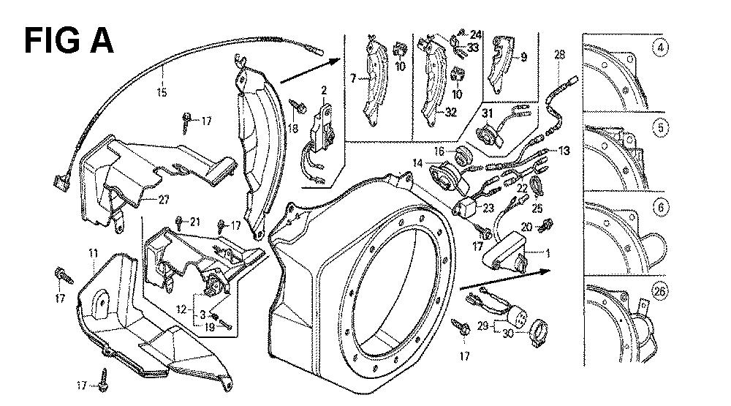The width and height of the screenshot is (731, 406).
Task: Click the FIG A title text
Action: (69, 41)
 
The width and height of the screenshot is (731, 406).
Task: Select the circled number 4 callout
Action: (660, 48)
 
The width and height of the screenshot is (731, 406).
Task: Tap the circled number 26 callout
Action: (659, 292)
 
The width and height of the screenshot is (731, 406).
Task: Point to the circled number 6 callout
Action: (660, 207)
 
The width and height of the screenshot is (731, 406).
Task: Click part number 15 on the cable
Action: (162, 92)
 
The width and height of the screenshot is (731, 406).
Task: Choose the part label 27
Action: (163, 200)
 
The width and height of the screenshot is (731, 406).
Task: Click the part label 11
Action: (94, 253)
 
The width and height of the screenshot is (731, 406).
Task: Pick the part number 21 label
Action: (194, 222)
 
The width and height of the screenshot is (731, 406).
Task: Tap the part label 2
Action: (324, 91)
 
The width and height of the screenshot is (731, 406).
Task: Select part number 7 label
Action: (353, 79)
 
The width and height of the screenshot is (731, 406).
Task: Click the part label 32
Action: (450, 112)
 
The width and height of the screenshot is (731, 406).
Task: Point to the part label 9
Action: (524, 57)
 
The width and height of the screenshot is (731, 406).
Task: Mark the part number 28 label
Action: (559, 55)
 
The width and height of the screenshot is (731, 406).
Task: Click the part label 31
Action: (487, 113)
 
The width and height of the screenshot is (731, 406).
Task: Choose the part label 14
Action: (417, 163)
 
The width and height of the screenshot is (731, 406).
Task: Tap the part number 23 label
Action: (488, 208)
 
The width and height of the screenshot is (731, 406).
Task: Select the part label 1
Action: (548, 253)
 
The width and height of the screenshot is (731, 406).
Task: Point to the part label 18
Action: (293, 127)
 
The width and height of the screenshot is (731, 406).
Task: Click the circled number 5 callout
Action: (660, 127)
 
